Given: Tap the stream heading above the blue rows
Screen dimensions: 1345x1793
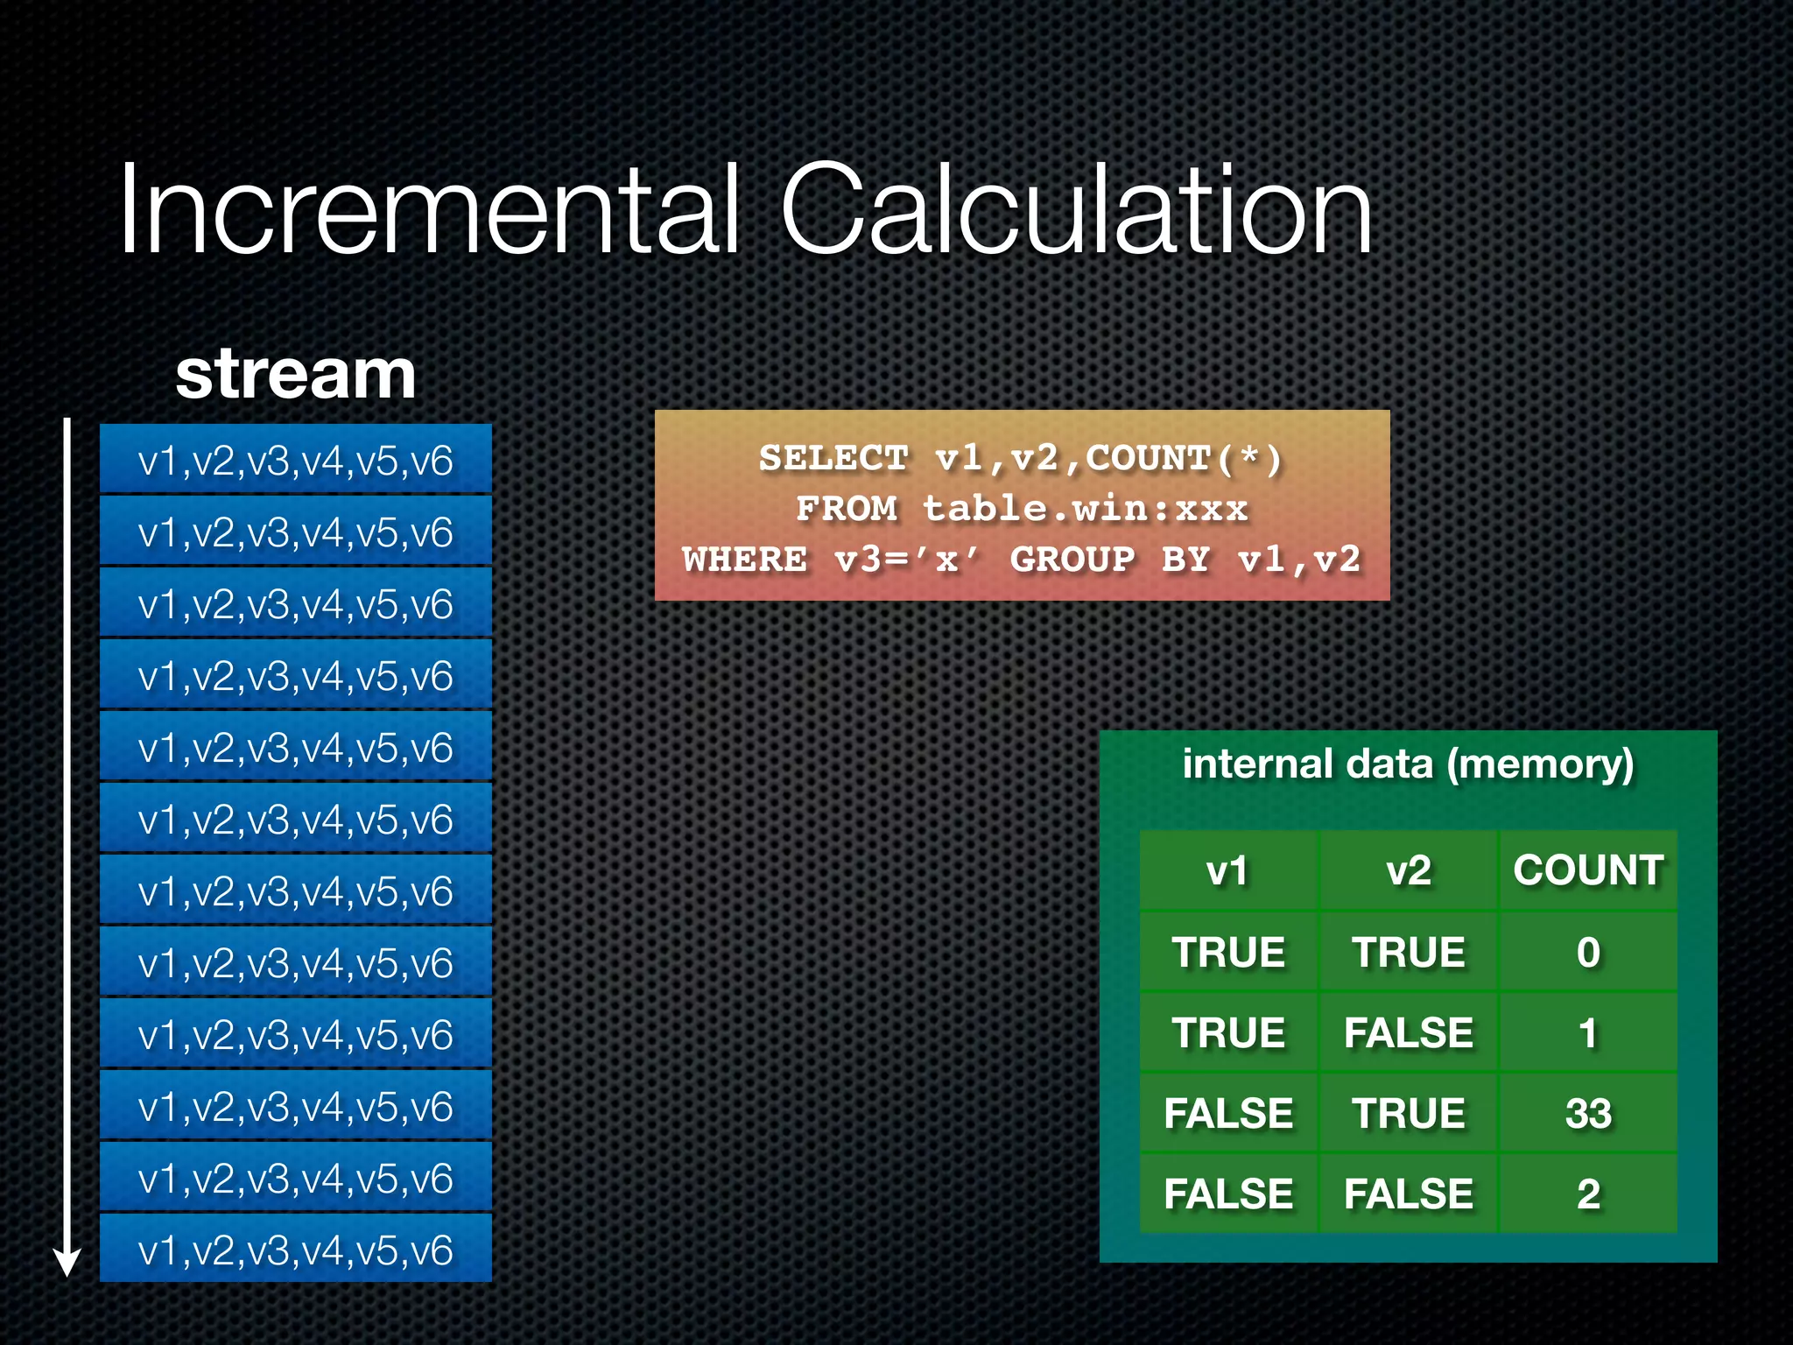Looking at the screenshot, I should click(x=295, y=374).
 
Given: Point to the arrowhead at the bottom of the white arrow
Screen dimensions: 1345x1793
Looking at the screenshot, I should click(x=67, y=1263).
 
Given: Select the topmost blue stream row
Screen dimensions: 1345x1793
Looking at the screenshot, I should click(x=296, y=460).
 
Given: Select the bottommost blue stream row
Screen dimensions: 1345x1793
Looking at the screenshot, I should click(x=296, y=1250).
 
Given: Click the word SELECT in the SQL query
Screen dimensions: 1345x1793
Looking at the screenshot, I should click(x=833, y=458).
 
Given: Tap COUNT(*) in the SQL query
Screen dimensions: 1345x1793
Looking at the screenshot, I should click(x=1184, y=458).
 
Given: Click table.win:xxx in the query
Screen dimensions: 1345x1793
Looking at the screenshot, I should click(x=1085, y=509).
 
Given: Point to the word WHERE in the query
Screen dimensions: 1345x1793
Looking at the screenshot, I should click(x=745, y=560).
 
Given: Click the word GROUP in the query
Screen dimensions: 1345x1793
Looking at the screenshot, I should click(x=1072, y=560).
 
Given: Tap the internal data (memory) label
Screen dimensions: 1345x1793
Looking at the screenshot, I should click(x=1408, y=764).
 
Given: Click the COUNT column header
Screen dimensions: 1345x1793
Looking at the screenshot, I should click(x=1588, y=870).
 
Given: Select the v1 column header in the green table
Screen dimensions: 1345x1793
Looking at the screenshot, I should click(x=1227, y=870).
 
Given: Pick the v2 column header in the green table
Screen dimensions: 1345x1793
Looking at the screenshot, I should click(x=1408, y=870).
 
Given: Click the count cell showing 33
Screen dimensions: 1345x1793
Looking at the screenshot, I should click(x=1588, y=1113).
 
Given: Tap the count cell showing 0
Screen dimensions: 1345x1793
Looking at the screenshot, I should click(x=1588, y=952).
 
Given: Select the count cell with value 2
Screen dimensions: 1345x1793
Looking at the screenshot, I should click(x=1588, y=1194).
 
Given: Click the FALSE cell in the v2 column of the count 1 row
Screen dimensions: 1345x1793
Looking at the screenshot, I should click(x=1408, y=1032).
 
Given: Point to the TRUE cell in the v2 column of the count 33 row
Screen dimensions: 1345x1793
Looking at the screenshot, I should click(x=1408, y=1113).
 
